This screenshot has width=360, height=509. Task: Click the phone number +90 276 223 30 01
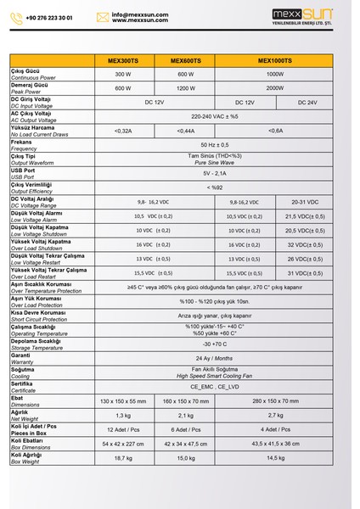coord(48,16)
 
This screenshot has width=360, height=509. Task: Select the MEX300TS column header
coord(126,61)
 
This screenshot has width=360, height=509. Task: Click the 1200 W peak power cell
coord(187,87)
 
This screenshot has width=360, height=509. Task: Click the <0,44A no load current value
coord(187,131)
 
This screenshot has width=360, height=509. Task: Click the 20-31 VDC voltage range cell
coord(312,202)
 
